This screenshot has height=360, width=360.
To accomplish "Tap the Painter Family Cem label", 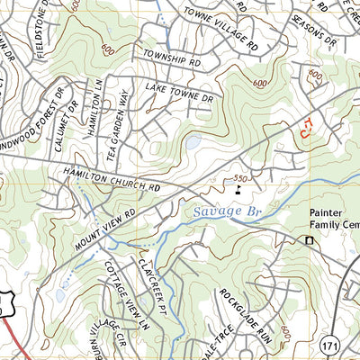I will tap(328, 220).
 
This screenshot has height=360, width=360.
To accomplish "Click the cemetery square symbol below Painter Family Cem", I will tap(310, 240).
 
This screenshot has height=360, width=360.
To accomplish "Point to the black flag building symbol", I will tap(238, 189).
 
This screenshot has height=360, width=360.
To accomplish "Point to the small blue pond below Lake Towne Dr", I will tap(192, 142).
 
